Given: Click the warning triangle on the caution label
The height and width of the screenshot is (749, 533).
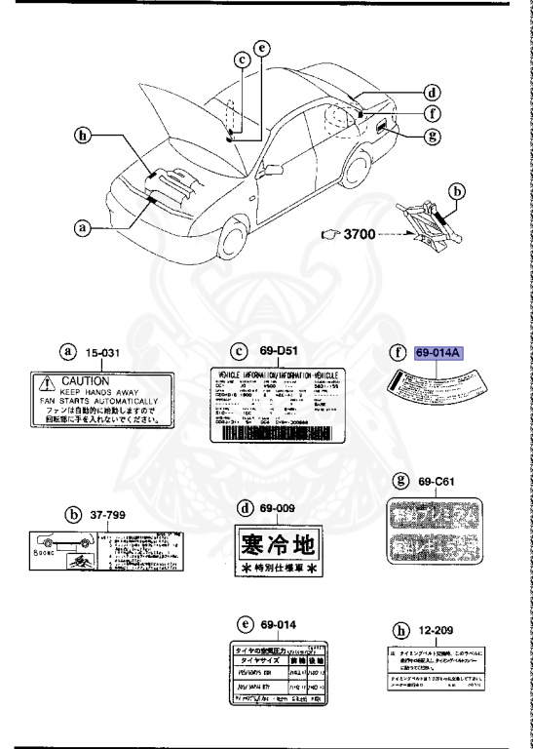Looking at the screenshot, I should coord(44,382).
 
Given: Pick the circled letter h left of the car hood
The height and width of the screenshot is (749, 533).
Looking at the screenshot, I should coord(86,136).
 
